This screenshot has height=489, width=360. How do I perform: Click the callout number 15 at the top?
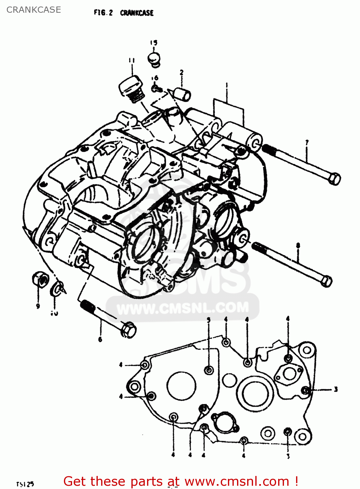[x=154, y=43]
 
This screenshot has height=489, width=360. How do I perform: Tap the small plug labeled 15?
[x=154, y=59]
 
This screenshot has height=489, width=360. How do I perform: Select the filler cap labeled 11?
[x=131, y=87]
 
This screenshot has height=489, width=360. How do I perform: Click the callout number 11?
[x=131, y=60]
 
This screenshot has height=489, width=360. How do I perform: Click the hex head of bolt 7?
[x=334, y=179]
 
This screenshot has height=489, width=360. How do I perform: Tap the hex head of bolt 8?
[x=326, y=281]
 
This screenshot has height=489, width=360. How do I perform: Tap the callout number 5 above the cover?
[x=209, y=319]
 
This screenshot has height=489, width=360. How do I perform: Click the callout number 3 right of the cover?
[x=336, y=389]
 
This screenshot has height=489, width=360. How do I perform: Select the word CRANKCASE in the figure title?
[x=137, y=13]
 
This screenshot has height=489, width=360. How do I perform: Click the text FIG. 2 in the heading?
[x=103, y=13]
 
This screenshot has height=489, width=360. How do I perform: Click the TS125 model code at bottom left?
[x=25, y=484]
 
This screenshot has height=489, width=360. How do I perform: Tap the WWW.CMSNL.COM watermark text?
[x=183, y=308]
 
